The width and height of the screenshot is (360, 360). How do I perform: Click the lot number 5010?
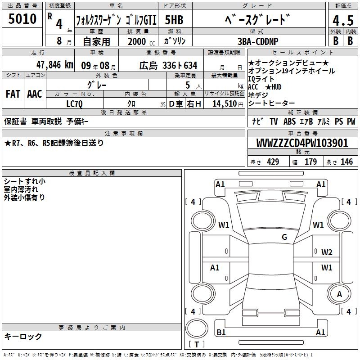click(22, 18)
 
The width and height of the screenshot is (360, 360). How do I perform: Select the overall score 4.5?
click(343, 20)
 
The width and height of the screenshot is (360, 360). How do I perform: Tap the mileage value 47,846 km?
click(54, 65)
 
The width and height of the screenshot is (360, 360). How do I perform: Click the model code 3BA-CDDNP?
click(258, 41)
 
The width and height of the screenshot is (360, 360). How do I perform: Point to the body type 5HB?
click(174, 20)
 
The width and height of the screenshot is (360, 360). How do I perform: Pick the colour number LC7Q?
click(74, 104)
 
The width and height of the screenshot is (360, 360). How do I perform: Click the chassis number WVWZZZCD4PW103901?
click(302, 143)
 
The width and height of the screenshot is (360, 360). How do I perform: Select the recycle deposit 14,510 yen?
click(228, 104)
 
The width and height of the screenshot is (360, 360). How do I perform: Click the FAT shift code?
click(13, 94)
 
